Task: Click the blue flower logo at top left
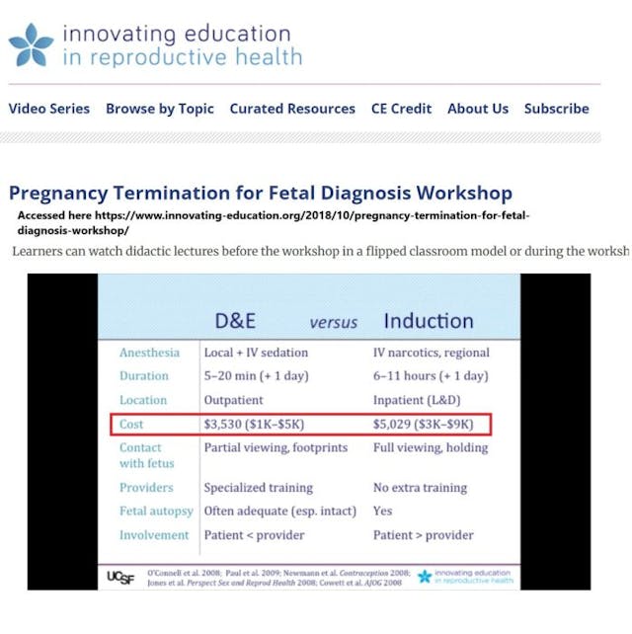coord(31,45)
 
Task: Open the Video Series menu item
coord(49,109)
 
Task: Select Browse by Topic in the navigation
coord(160,109)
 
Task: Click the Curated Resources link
coord(292,109)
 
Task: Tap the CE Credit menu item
coord(401,109)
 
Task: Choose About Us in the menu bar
coord(478,109)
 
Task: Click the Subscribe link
coord(557,109)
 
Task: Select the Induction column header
coord(429,320)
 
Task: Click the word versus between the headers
coord(334,323)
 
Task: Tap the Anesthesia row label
coord(150,353)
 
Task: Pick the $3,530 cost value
coord(231,424)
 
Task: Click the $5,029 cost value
coord(400,424)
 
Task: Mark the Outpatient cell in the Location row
coord(234,400)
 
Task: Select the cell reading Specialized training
coord(259,487)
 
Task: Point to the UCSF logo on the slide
coord(121,577)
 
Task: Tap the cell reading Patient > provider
coord(424,535)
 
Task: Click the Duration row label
coord(144,376)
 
